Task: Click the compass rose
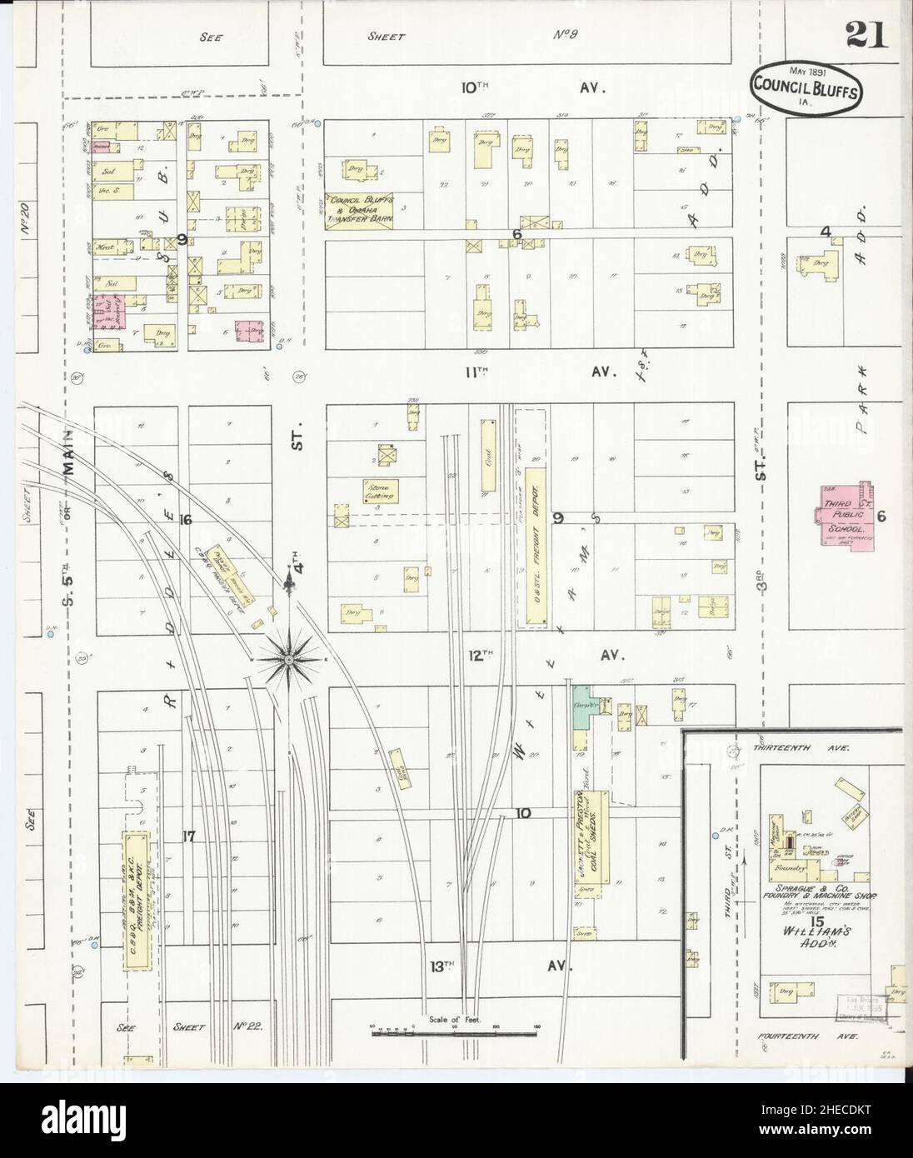pyautogui.click(x=288, y=659)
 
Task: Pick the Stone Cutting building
pyautogui.click(x=381, y=491)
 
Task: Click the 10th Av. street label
pyautogui.click(x=533, y=87)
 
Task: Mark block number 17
pyautogui.click(x=189, y=837)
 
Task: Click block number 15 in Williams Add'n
pyautogui.click(x=817, y=921)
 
